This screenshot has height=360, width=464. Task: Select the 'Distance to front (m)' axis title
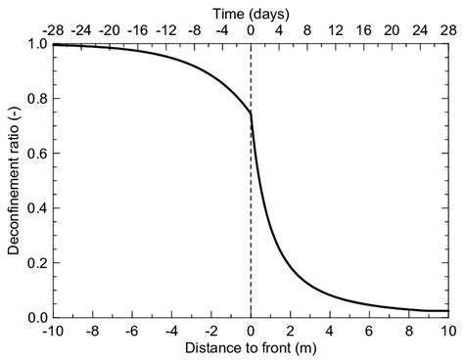tap(251, 348)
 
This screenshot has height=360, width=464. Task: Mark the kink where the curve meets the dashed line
tap(251, 112)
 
